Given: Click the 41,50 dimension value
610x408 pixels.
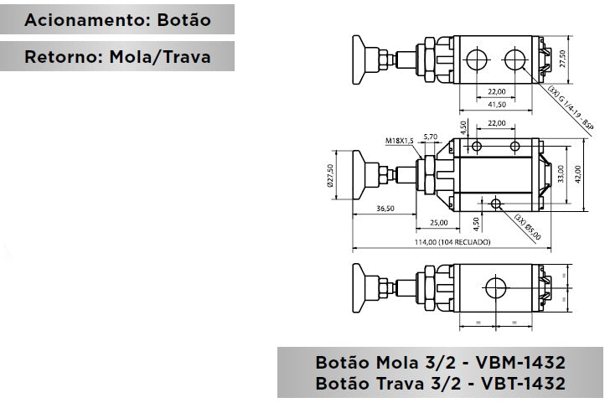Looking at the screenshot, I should pyautogui.click(x=498, y=104).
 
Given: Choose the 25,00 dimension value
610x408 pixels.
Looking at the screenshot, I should pyautogui.click(x=438, y=223).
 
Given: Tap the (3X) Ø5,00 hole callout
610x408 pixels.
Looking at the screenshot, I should pyautogui.click(x=528, y=226).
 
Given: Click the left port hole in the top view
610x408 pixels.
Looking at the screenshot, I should pyautogui.click(x=478, y=59).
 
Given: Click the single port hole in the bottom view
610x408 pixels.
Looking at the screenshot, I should pyautogui.click(x=494, y=291).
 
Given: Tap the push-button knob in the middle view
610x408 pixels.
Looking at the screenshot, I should pyautogui.click(x=358, y=176).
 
